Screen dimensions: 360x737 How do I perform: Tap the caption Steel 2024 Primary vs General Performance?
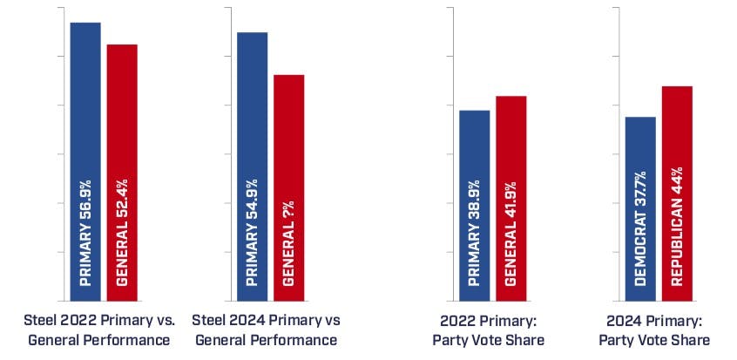(265, 329)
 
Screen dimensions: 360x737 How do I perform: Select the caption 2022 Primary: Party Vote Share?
(488, 329)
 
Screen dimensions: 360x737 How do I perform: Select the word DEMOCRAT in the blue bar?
(641, 252)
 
